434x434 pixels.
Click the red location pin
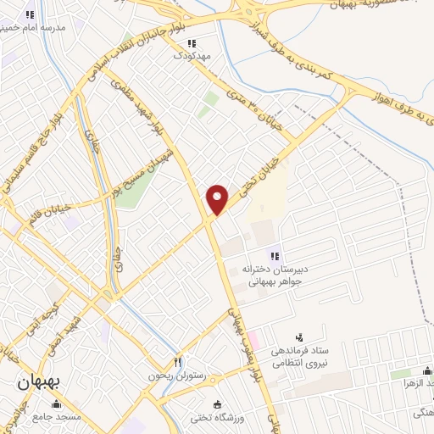(218, 199)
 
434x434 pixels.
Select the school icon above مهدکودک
(192, 43)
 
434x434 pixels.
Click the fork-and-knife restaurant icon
(178, 364)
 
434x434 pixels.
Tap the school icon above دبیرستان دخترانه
(274, 256)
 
